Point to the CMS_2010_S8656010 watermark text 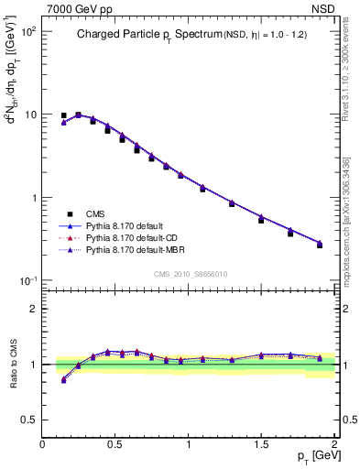point(190,273)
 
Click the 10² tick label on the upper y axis point(27,31)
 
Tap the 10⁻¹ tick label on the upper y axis point(27,281)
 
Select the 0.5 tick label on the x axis point(115,445)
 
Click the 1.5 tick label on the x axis point(261,445)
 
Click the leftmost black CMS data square point(63,116)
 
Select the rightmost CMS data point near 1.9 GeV point(320,245)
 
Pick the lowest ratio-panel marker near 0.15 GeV point(63,380)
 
